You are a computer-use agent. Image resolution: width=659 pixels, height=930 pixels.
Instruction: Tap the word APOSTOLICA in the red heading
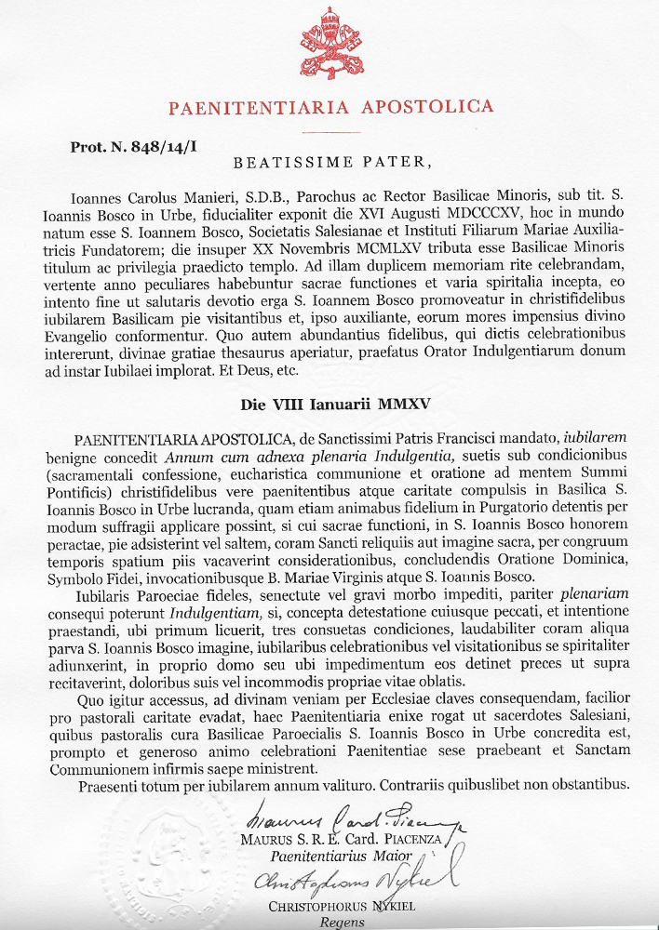[x=430, y=107]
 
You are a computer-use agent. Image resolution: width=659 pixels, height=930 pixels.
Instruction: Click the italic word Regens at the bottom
[x=342, y=923]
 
